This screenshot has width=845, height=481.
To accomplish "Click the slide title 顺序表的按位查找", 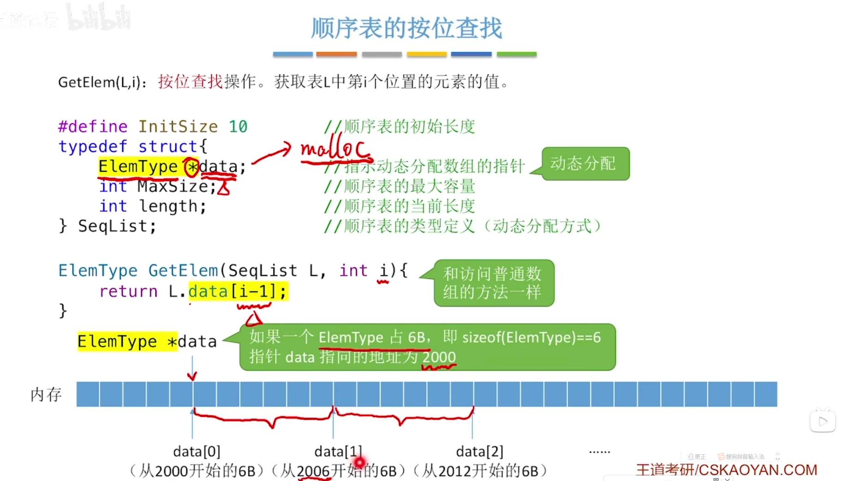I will (406, 28).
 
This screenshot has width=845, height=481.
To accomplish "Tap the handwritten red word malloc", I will (334, 149).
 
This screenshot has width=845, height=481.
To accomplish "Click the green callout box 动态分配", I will (584, 163).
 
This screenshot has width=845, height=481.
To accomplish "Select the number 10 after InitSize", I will (238, 126).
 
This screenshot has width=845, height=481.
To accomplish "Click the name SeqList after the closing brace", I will (117, 226).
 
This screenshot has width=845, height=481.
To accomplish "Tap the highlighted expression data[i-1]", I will (238, 291).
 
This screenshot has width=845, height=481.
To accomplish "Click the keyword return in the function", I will (128, 291).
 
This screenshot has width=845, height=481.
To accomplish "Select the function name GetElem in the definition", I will (183, 271).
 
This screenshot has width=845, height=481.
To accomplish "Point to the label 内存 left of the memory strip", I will (46, 395).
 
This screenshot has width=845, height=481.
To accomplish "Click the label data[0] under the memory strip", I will (196, 451).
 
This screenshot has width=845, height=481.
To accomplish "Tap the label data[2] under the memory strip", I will (479, 451).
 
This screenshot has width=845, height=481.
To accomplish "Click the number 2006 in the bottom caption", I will (313, 471).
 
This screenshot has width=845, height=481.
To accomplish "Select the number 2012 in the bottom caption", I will (455, 471).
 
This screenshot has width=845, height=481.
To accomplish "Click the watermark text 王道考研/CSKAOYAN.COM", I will (726, 470).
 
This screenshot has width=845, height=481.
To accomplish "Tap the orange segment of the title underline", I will (336, 54).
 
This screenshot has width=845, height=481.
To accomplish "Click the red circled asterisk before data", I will (191, 167).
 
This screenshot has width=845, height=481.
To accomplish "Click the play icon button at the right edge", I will (822, 421).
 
